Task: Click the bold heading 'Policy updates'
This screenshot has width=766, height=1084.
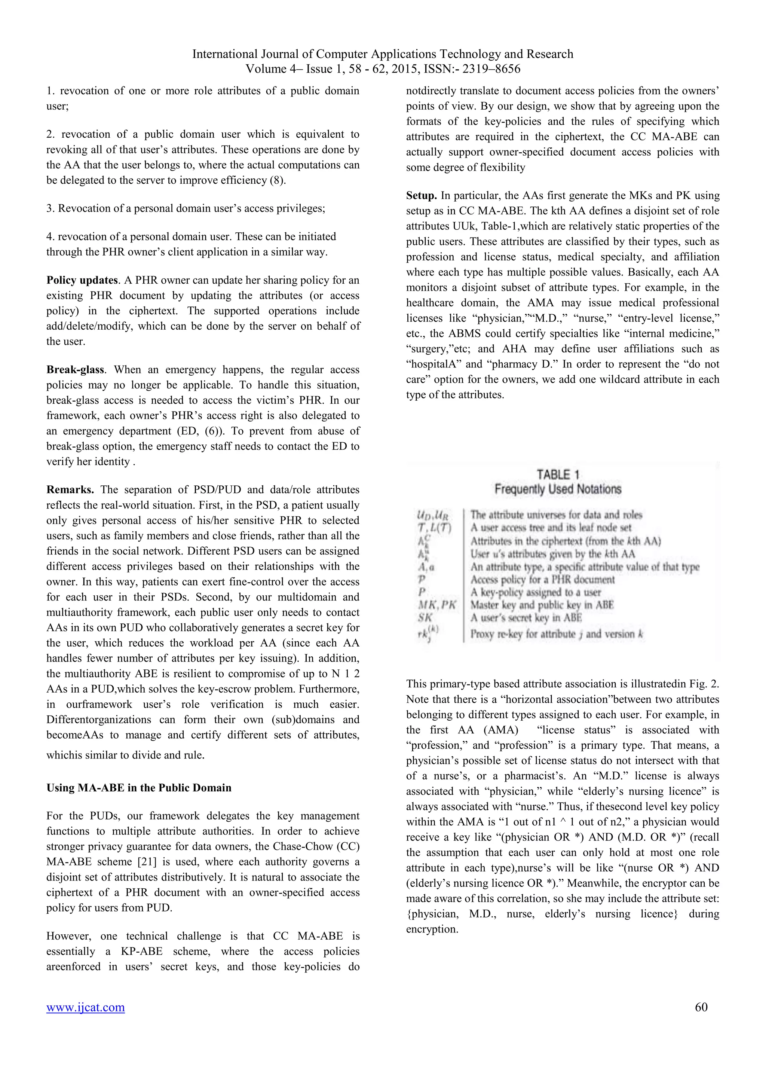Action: click(82, 280)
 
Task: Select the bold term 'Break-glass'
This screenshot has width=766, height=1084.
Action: click(76, 369)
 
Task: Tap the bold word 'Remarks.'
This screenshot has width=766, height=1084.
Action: click(70, 489)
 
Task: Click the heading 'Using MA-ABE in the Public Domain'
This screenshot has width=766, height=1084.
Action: click(139, 788)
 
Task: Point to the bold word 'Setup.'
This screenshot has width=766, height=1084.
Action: click(422, 195)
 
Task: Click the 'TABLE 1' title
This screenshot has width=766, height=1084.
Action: click(558, 474)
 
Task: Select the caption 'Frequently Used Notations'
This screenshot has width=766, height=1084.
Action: click(558, 489)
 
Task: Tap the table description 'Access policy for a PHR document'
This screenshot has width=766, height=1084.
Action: click(542, 579)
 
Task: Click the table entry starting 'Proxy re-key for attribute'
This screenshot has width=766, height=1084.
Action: click(557, 633)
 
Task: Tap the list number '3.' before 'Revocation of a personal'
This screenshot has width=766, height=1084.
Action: click(50, 208)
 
